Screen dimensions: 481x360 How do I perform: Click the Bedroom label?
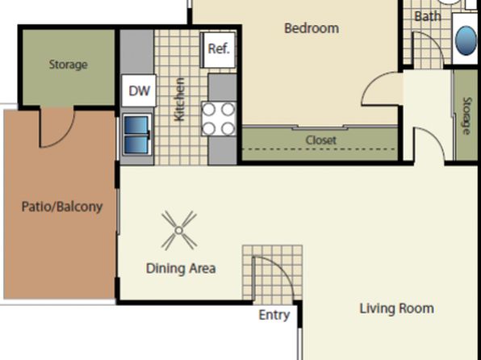(312, 28)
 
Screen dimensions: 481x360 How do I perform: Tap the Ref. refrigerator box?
(218, 50)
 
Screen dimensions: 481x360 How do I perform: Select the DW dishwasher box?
(139, 91)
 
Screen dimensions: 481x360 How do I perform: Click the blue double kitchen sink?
(137, 135)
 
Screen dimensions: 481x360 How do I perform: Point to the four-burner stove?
(219, 119)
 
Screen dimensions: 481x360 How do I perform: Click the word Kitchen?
(179, 99)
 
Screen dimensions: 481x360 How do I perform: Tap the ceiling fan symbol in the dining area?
(179, 230)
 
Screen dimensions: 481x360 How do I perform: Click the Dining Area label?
(181, 269)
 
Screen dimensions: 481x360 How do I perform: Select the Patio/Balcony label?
(62, 207)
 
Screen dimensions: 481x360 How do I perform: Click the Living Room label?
(396, 308)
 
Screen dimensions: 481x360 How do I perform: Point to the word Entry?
(274, 315)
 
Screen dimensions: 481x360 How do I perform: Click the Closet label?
(321, 140)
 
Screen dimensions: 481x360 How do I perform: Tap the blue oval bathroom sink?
(466, 41)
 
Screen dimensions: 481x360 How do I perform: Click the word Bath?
(428, 16)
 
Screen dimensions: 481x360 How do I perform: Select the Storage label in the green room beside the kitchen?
(68, 65)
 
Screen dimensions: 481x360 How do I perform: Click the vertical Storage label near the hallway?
(466, 115)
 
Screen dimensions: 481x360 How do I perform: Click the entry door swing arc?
(282, 268)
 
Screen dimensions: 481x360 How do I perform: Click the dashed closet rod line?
(320, 149)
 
